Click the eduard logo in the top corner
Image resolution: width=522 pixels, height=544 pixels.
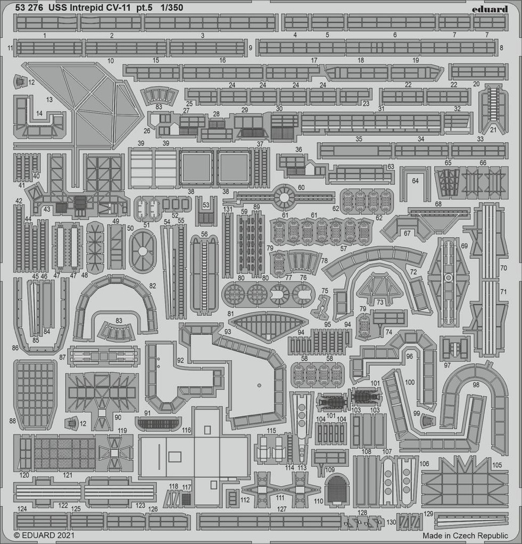point(490,9)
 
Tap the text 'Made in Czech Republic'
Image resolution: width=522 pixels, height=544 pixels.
point(465,535)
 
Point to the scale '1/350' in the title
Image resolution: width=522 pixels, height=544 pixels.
point(172,7)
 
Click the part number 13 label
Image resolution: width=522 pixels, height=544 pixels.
point(49,99)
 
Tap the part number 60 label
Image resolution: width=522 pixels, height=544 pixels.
point(301,187)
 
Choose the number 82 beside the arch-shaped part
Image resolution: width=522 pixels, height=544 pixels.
point(152,286)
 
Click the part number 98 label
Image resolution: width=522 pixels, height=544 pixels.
point(476,385)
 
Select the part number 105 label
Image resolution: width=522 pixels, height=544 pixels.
point(496,465)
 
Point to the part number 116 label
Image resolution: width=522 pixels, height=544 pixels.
point(186,430)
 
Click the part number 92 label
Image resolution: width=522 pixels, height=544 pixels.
point(180,361)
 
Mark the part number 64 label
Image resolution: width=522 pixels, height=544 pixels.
point(415,181)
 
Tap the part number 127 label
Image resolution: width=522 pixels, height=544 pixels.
point(282,508)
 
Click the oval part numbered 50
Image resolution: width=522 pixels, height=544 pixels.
point(143,250)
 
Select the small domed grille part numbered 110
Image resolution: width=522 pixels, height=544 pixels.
point(336,490)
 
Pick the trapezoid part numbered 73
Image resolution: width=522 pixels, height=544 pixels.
point(380,289)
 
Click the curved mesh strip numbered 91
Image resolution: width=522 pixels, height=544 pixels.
point(158,423)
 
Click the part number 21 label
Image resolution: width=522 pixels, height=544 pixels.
point(493,130)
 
